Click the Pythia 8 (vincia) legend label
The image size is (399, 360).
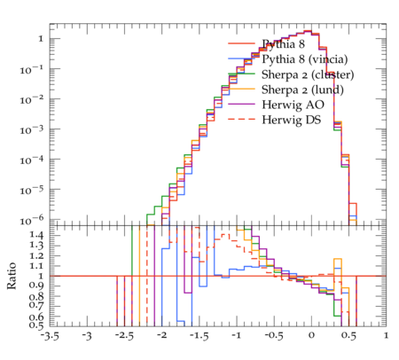coord(305,59)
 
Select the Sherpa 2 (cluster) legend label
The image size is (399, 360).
coord(308,74)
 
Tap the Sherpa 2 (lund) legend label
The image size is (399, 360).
coord(302,90)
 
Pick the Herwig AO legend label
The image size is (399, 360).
coord(293,105)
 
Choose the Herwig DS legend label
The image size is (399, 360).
coord(292,120)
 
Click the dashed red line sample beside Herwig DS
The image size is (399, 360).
coord(241,119)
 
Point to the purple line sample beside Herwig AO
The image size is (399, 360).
coord(241,104)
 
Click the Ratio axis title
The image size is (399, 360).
coord(12,276)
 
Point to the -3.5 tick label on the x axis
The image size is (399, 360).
coord(49,336)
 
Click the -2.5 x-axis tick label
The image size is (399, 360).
coord(124,336)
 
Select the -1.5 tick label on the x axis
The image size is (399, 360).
coord(199,336)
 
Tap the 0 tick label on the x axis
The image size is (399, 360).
coord(311,335)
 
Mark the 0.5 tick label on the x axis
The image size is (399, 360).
coord(348,336)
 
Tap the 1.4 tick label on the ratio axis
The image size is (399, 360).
coord(36,236)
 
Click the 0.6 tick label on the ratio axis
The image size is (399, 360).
coord(36,317)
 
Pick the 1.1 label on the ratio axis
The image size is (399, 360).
coord(36,266)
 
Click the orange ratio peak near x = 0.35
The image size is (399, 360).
coord(338,259)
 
